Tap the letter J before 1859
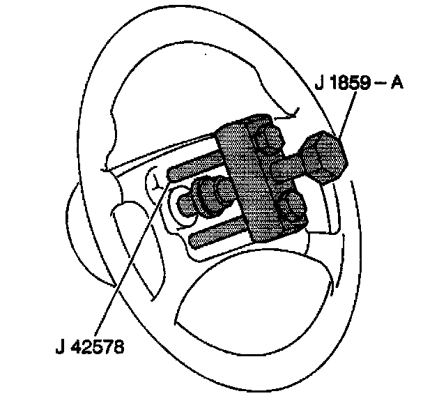[318, 83]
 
